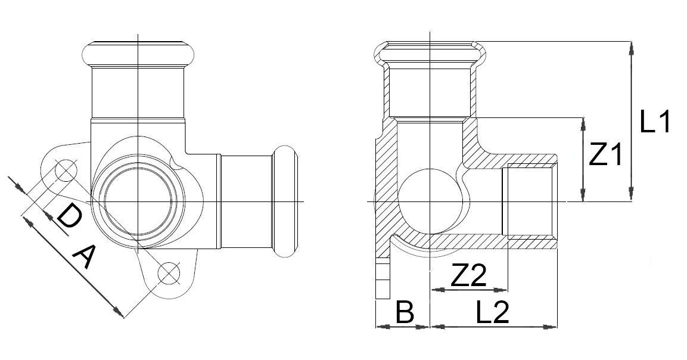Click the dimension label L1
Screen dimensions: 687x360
[x=655, y=122]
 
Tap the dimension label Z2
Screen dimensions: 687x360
[x=468, y=276]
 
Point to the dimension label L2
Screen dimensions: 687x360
[x=493, y=312]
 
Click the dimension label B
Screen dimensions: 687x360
[x=405, y=312]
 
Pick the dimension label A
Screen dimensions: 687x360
[x=83, y=258]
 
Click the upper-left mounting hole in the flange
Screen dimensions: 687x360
[x=66, y=170]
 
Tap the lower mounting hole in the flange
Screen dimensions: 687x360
[x=169, y=273]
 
